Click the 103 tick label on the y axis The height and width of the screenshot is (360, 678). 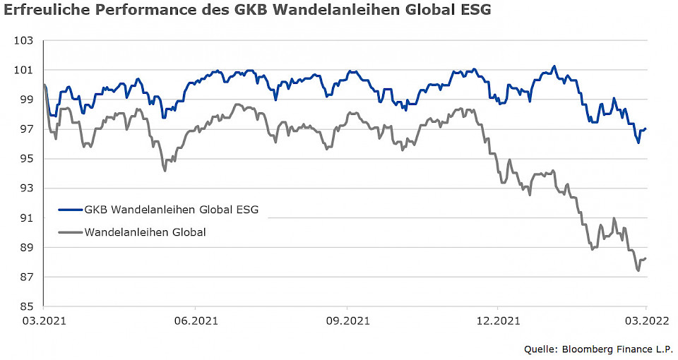coord(23,40)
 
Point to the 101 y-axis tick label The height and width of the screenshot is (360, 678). coord(23,70)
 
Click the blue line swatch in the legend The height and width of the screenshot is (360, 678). coord(71,210)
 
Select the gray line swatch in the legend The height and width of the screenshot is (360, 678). coord(71,232)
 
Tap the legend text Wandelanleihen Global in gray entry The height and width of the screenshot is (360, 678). coord(145,232)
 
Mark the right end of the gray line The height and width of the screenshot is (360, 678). coord(646,258)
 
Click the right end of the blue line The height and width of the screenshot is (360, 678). coord(646,128)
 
